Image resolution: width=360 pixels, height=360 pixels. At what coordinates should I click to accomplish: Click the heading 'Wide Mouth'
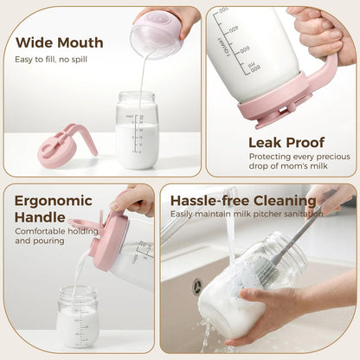(x=60, y=43)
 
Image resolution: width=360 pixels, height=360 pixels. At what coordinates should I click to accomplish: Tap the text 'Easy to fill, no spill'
(x=51, y=60)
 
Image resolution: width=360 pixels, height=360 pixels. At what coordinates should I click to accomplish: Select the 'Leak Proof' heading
(x=286, y=143)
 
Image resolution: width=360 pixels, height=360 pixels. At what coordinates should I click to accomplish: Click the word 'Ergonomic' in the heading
(x=54, y=202)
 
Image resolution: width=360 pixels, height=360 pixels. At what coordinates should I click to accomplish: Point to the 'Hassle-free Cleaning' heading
(x=243, y=201)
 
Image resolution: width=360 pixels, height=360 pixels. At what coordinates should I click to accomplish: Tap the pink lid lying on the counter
(x=67, y=146)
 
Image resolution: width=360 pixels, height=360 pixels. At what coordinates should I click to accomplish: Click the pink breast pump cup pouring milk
(x=156, y=35)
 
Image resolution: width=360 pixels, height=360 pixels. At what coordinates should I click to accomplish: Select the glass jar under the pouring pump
(x=137, y=130)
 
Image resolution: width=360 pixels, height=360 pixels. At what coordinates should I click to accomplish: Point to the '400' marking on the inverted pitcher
(x=234, y=29)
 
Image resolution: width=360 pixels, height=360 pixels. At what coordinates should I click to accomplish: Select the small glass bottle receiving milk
(x=78, y=317)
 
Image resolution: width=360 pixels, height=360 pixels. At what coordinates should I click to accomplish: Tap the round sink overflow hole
(x=197, y=284)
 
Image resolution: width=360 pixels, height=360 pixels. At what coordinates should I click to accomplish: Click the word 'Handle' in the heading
(x=40, y=217)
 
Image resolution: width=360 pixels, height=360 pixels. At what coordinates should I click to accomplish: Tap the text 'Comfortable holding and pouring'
(x=56, y=236)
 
